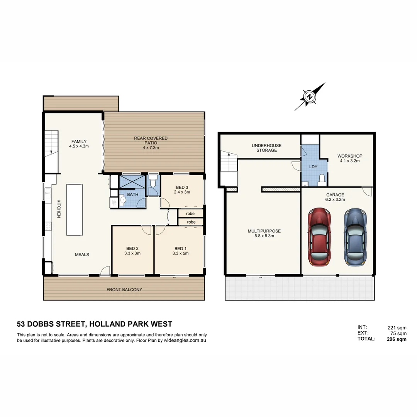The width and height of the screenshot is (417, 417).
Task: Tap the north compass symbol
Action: click(310, 97)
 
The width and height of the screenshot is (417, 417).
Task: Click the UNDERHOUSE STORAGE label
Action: click(266, 148)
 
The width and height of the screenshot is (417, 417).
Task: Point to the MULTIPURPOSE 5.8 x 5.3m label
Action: click(264, 234)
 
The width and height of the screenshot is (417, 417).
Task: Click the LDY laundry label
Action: click(313, 167)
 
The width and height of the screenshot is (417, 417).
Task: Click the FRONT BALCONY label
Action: click(124, 289)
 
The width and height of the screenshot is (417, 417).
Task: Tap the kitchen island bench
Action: click(75, 210)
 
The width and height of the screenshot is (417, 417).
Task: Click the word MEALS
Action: click(82, 254)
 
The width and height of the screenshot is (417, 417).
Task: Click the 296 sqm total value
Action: click(397, 339)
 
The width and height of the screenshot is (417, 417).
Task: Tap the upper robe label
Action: click(190, 213)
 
